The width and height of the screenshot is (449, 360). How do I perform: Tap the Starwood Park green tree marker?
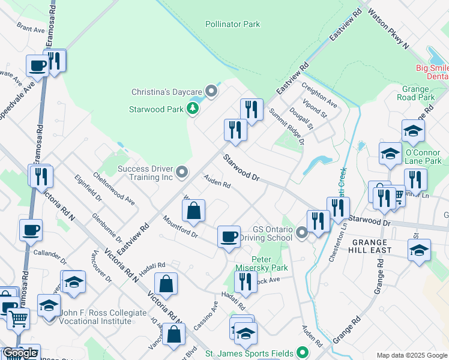tap(193, 109)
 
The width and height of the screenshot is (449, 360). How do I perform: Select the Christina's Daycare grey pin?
tap(211, 91)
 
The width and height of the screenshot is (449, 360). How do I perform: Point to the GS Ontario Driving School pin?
tap(302, 233)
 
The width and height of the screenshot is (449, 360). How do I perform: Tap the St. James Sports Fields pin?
tap(303, 353)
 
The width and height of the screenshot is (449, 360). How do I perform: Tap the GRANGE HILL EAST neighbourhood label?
tap(365, 250)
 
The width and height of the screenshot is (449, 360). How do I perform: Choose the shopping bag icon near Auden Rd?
tap(194, 211)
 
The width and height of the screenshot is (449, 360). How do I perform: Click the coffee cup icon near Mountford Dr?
tap(228, 237)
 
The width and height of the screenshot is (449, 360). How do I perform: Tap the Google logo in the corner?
tap(20, 353)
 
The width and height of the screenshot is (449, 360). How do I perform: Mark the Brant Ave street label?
tap(31, 28)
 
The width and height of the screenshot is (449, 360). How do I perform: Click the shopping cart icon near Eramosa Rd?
tap(17, 319)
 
